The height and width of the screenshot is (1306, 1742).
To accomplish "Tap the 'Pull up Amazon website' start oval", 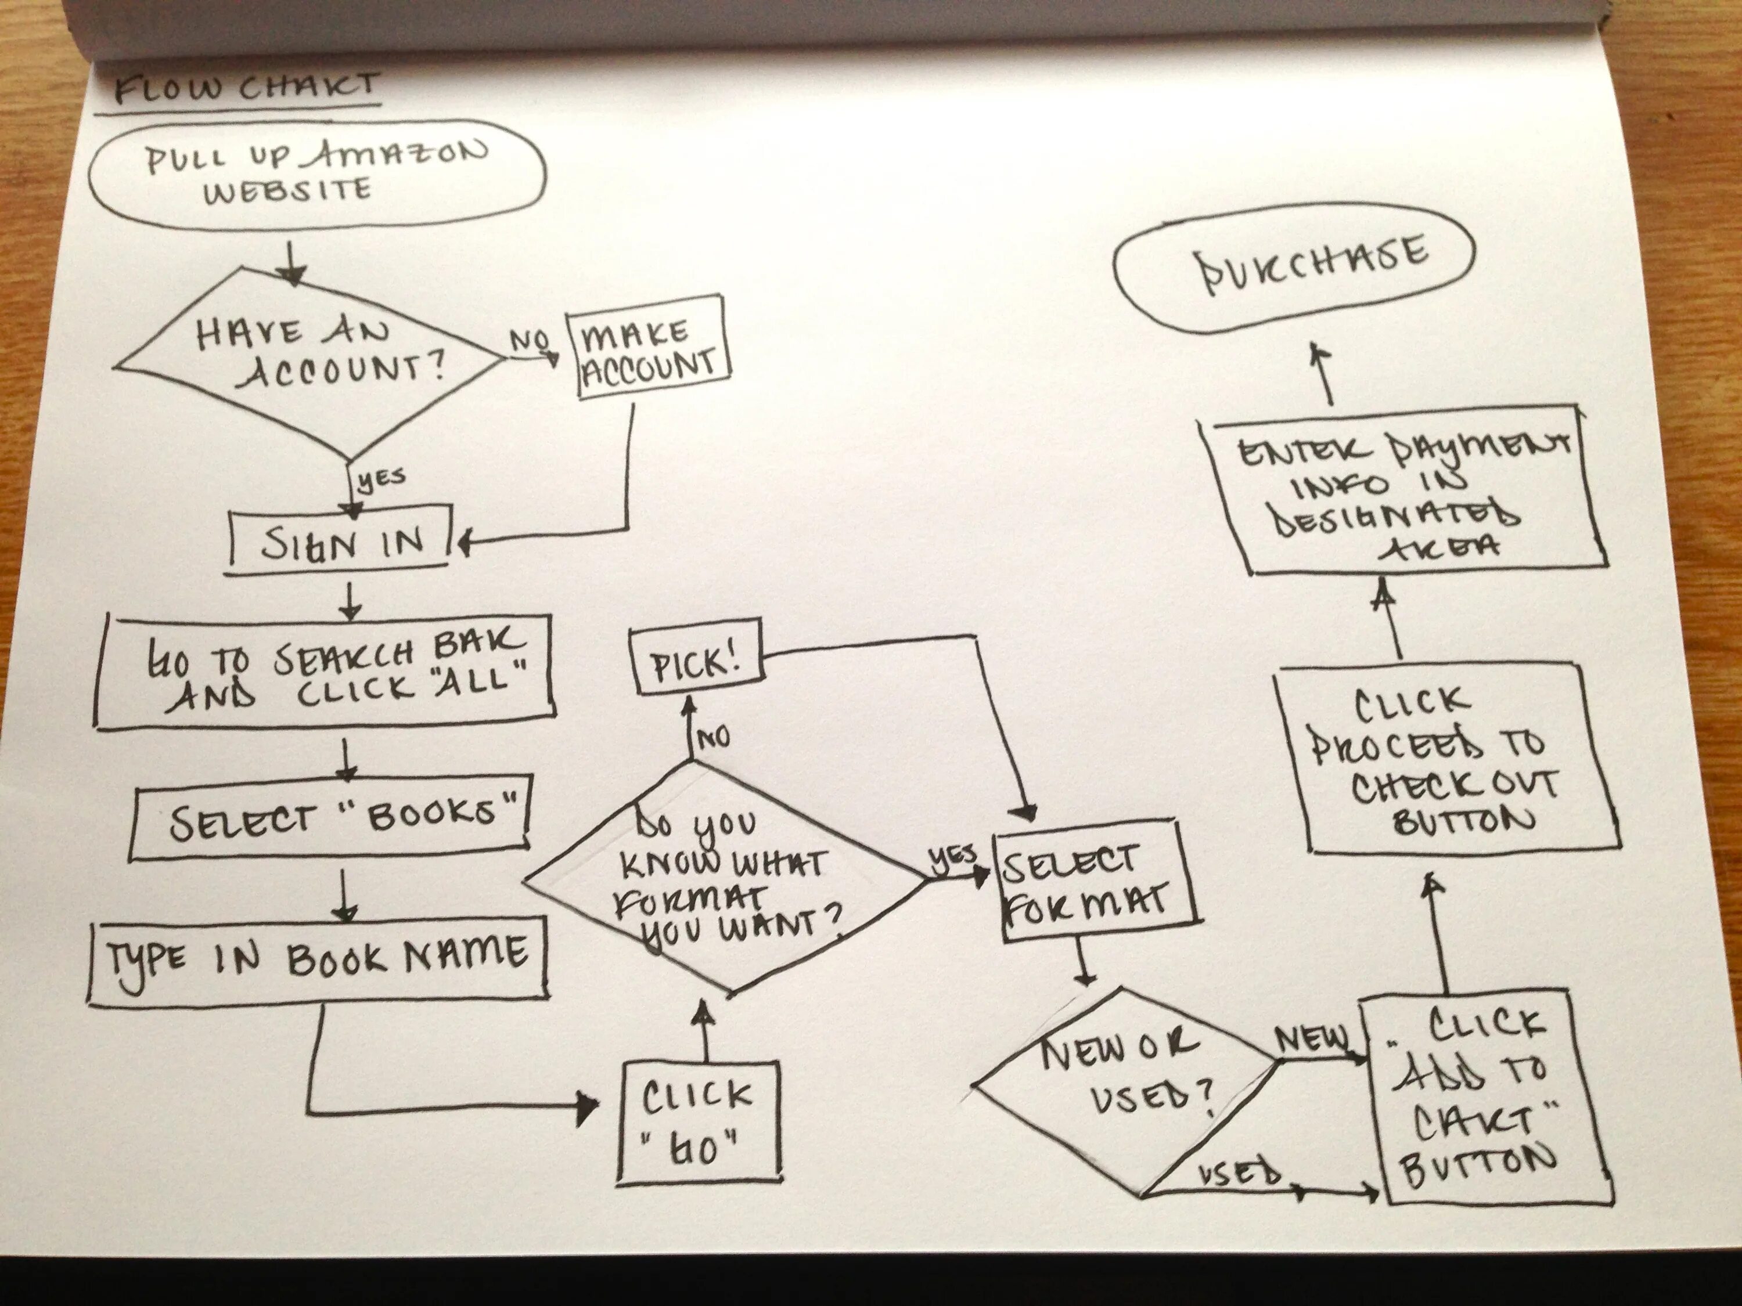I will click(x=315, y=173).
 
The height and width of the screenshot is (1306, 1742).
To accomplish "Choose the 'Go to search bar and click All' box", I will click(x=325, y=673).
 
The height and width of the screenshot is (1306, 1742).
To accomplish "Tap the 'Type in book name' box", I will click(x=318, y=959).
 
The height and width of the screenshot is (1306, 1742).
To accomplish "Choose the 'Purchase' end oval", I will click(x=1291, y=268).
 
